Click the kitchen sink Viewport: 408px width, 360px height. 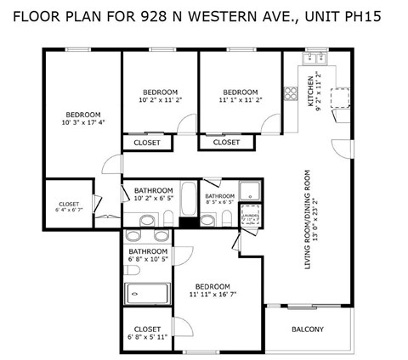(314, 59)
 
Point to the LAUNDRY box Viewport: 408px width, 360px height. (249, 215)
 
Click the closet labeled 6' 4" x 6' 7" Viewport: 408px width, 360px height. (69, 204)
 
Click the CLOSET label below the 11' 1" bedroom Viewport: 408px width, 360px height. (226, 143)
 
